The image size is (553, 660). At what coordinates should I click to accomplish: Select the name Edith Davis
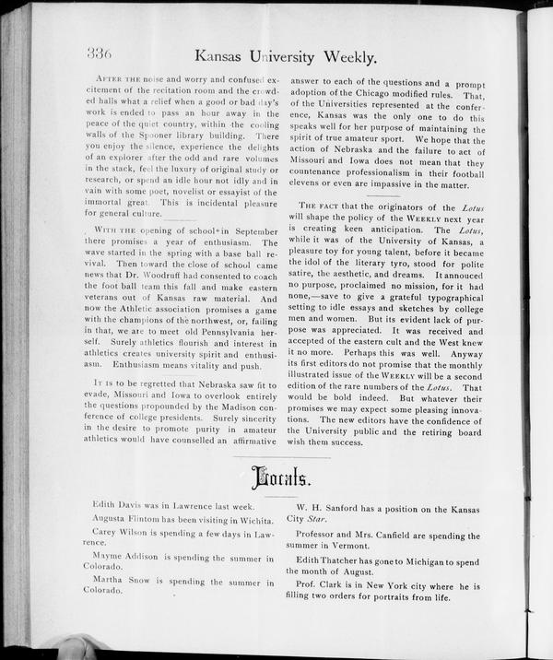point(117,504)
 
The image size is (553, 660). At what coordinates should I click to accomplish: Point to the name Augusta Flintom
point(133,520)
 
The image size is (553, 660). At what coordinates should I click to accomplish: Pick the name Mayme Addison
point(125,558)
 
